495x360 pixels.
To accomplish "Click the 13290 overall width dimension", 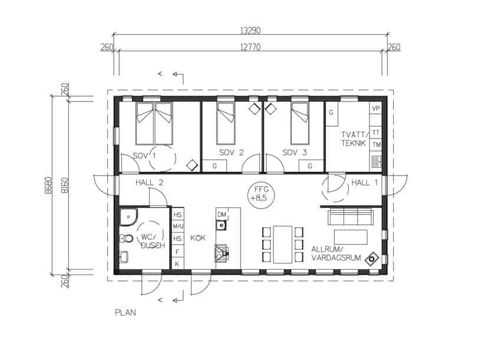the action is tap(250, 31).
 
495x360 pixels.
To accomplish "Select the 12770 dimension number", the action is tap(250, 47).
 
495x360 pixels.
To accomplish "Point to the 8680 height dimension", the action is tap(48, 185).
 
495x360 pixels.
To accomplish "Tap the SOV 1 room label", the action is tap(144, 156).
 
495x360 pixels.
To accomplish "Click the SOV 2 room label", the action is tap(232, 153).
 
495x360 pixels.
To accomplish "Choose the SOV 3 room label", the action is tap(295, 153).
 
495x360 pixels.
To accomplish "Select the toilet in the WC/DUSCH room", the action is tap(126, 239).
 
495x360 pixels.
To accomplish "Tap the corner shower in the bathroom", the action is tap(128, 217).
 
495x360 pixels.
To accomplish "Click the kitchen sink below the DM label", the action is tap(221, 225).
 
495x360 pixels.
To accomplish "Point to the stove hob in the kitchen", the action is tap(222, 252).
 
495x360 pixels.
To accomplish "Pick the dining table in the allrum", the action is tap(282, 244).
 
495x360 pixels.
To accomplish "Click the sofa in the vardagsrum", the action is tap(350, 217).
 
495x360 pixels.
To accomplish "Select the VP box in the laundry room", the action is tap(376, 108).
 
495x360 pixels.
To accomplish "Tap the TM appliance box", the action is tap(376, 144).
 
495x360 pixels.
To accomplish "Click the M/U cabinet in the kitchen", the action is tap(178, 226).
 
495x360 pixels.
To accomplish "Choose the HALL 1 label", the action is tap(364, 183).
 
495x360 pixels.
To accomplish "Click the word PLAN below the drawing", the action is tap(126, 313).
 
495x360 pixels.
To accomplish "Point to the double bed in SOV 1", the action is tap(154, 124).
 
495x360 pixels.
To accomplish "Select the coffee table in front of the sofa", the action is tap(351, 237).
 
